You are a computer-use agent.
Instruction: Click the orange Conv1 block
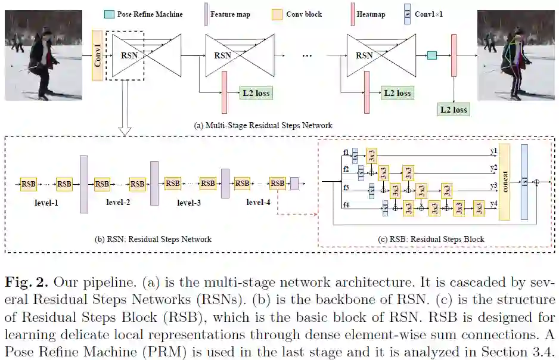pos(97,55)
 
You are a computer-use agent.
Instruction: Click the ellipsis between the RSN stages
pos(307,55)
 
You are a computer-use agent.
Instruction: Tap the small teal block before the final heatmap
pos(431,55)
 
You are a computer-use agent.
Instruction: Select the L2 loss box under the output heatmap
pos(454,110)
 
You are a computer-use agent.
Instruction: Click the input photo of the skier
pos(43,55)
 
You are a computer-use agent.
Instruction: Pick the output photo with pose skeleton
pos(515,55)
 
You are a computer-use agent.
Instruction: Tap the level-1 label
pos(46,203)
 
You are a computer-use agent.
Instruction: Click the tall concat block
pos(504,181)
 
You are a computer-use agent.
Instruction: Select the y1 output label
pos(493,151)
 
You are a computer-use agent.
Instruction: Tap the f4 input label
pos(346,206)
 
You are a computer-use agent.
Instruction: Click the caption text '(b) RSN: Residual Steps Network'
pos(153,240)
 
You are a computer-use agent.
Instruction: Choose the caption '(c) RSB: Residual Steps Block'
pos(431,240)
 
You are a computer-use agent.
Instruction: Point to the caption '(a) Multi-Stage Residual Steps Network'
pos(263,125)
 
